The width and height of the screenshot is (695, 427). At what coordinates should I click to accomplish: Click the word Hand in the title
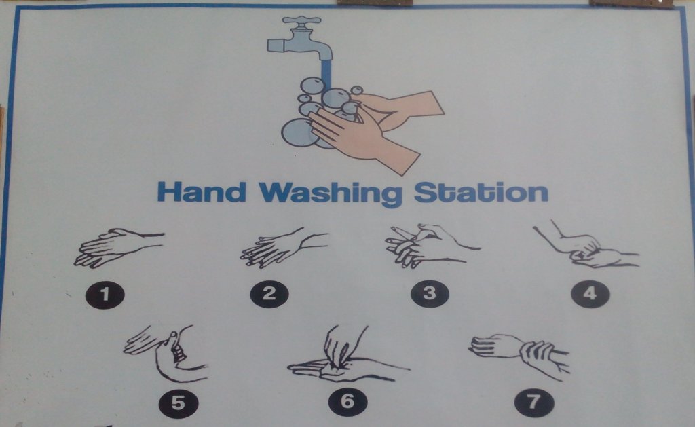[x=202, y=192]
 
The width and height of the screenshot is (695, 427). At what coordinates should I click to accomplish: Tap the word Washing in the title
[x=331, y=193]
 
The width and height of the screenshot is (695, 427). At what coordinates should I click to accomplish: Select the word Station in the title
[x=481, y=192]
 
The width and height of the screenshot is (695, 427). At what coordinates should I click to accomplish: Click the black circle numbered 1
[x=105, y=295]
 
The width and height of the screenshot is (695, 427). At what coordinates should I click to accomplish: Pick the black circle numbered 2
[x=269, y=294]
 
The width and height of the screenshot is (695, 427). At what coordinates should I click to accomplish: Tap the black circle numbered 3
[x=430, y=293]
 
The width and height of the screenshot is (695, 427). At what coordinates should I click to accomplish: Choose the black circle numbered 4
[x=590, y=293]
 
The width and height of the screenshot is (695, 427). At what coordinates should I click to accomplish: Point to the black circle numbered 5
[x=179, y=403]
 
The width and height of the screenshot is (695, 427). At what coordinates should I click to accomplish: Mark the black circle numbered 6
[x=347, y=402]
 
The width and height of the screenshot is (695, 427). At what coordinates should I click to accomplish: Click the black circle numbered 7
[x=533, y=403]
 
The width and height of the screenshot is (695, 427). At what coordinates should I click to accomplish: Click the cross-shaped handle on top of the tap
[x=301, y=20]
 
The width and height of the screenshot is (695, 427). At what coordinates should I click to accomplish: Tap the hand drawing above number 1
[x=119, y=248]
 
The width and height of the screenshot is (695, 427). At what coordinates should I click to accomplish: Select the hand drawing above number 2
[x=284, y=248]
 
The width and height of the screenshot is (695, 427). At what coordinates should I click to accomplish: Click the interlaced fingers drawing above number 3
[x=432, y=246]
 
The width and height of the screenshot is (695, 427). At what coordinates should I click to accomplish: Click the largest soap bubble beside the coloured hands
[x=299, y=133]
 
